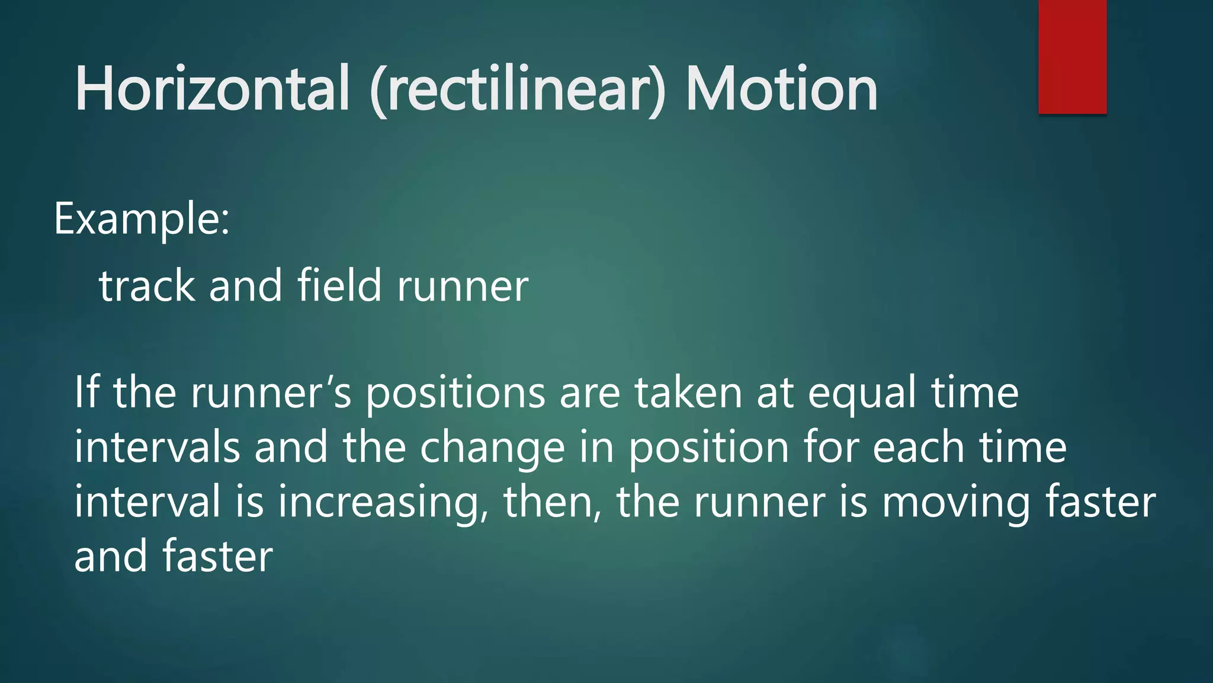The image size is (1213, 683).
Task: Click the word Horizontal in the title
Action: point(212,89)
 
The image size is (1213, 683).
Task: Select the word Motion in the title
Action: point(781,89)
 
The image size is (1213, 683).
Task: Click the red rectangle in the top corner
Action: point(1072,57)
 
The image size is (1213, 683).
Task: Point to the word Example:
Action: point(142,219)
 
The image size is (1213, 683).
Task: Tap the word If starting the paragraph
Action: point(85,392)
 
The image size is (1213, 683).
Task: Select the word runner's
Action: point(271,394)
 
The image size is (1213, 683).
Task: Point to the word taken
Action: point(688,392)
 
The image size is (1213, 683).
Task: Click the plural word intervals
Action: point(157,447)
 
